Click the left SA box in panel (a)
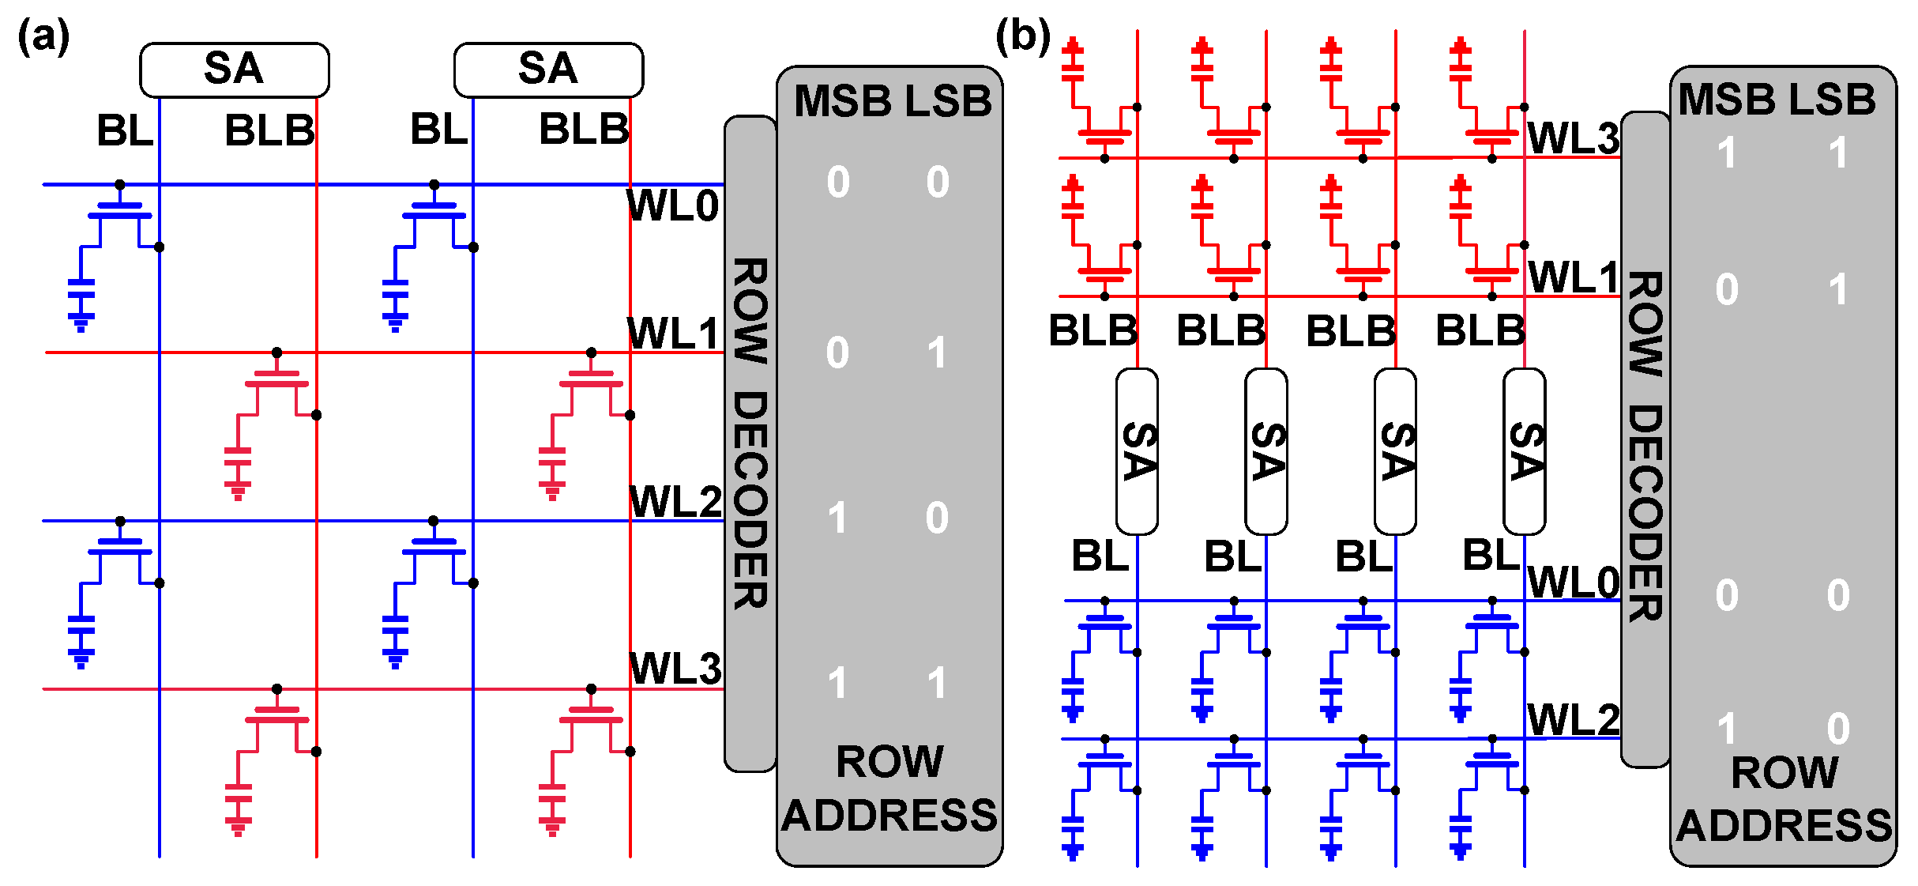pyautogui.click(x=234, y=69)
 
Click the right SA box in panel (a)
pyautogui.click(x=548, y=69)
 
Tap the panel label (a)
pyautogui.click(x=43, y=37)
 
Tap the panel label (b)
pyautogui.click(x=1023, y=37)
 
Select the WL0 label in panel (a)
pyautogui.click(x=673, y=206)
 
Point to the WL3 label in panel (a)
pyautogui.click(x=675, y=669)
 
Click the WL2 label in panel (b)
pyautogui.click(x=1573, y=720)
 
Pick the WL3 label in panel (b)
pyautogui.click(x=1573, y=139)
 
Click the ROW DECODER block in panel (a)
pyautogui.click(x=750, y=443)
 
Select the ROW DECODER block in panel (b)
pyautogui.click(x=1645, y=443)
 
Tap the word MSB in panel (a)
pyautogui.click(x=842, y=102)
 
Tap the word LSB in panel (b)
pyautogui.click(x=1833, y=100)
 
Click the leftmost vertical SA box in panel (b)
pyautogui.click(x=1137, y=451)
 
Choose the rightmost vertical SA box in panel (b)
pyautogui.click(x=1524, y=451)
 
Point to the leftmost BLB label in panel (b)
pyautogui.click(x=1093, y=330)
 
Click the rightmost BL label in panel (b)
pyautogui.click(x=1491, y=555)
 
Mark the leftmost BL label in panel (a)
pyautogui.click(x=125, y=130)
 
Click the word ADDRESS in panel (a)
pyautogui.click(x=889, y=816)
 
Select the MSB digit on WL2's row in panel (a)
pyautogui.click(x=837, y=518)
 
